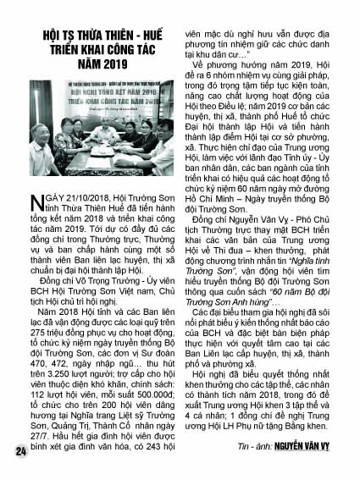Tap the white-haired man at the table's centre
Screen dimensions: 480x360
coord(99,135)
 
